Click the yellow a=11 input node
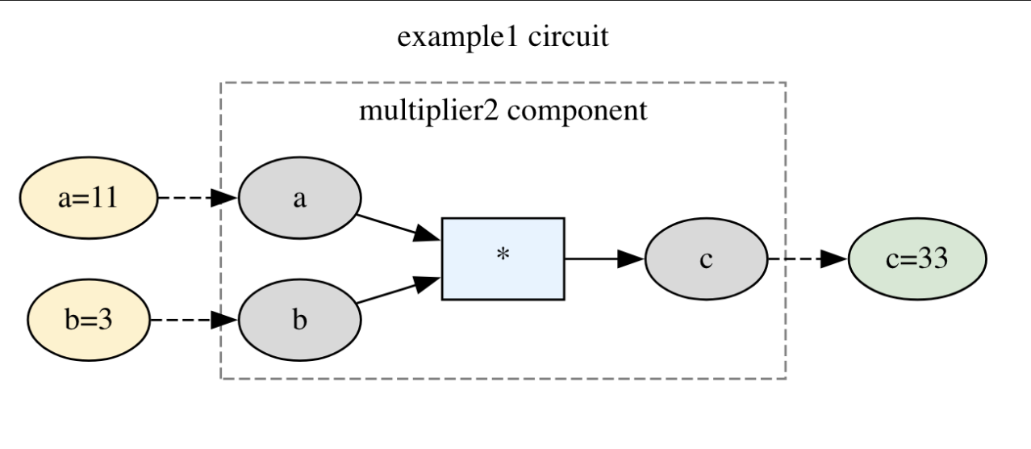pos(89,198)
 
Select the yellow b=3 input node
pos(89,321)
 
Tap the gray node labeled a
pos(299,198)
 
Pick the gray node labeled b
pos(299,321)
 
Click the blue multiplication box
pos(503,258)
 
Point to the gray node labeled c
pos(706,259)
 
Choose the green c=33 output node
pos(917,259)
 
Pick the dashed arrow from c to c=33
pos(807,259)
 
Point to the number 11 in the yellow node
pos(103,198)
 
